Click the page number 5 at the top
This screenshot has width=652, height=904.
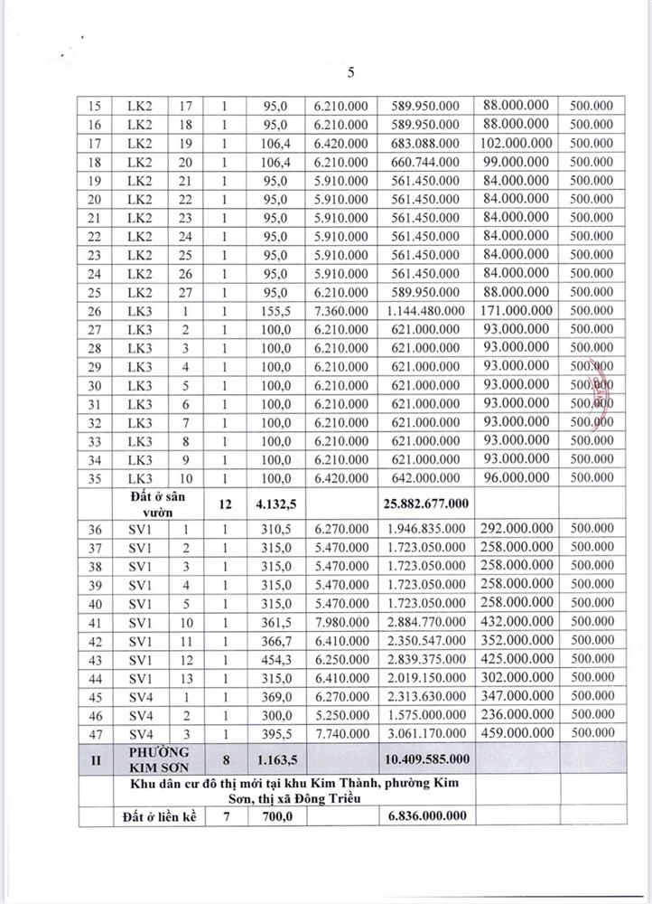352,72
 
